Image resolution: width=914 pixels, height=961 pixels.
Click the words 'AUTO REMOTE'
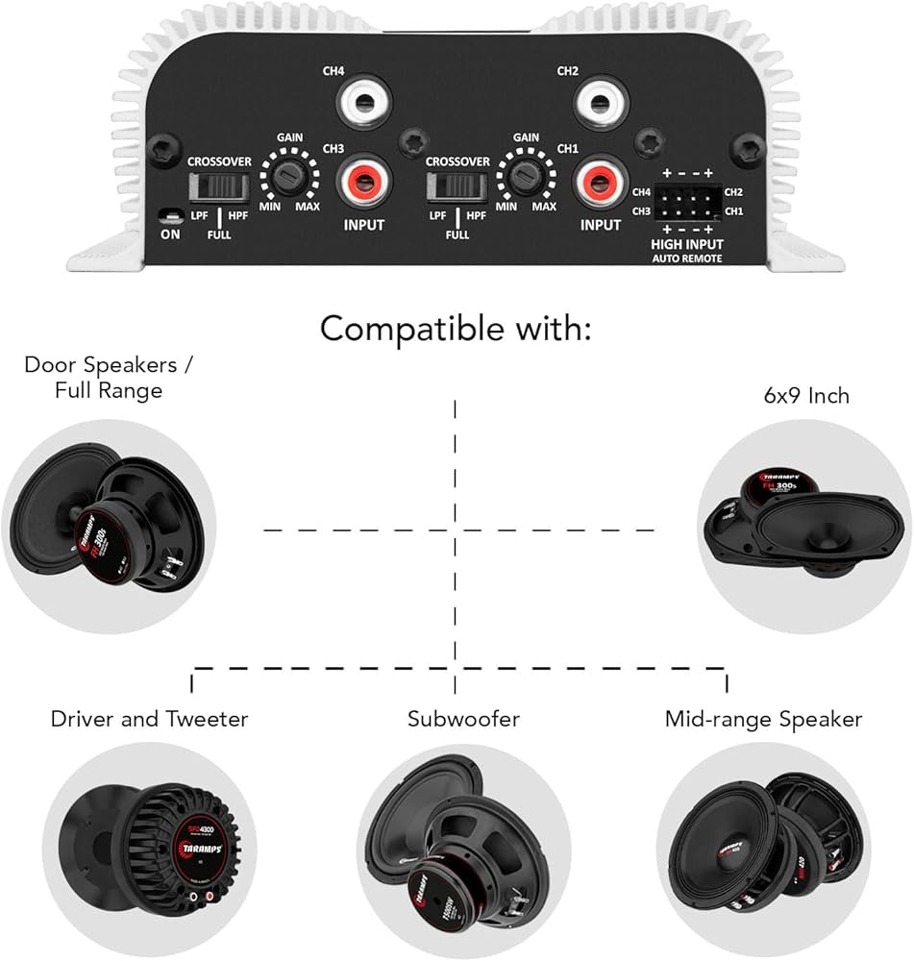(686, 259)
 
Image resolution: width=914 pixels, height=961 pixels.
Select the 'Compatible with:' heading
(456, 329)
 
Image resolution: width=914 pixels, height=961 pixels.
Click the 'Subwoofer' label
(456, 719)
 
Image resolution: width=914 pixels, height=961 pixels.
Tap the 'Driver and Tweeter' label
(149, 719)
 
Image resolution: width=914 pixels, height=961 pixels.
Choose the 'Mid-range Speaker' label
(763, 719)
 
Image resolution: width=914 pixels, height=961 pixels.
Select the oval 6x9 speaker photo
(801, 529)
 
